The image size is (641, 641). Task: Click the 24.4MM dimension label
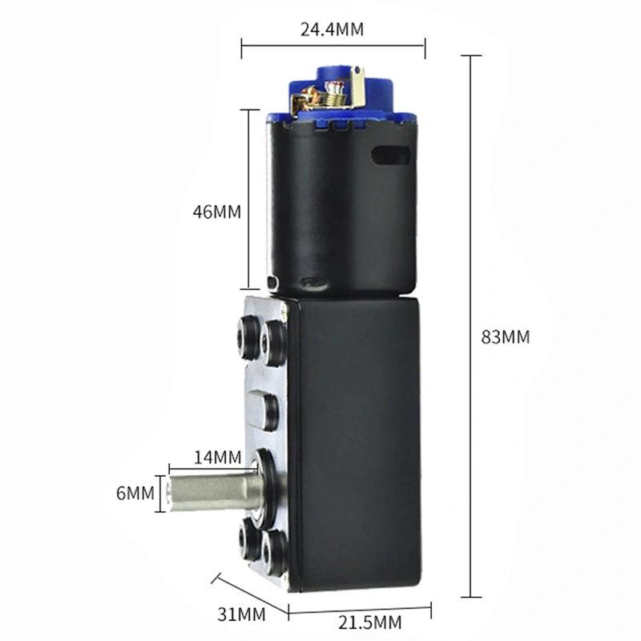pos(332,30)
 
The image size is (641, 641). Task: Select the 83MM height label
pos(505,337)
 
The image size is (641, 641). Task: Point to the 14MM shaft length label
pos(217,458)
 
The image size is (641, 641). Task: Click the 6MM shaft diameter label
pos(135,494)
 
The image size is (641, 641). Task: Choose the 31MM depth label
pos(241,615)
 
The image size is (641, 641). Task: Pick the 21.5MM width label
pos(369,623)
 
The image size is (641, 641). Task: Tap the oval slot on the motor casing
pos(390,155)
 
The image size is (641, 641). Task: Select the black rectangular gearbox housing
pos(357,441)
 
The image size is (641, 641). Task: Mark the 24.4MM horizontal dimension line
pos(333,46)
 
